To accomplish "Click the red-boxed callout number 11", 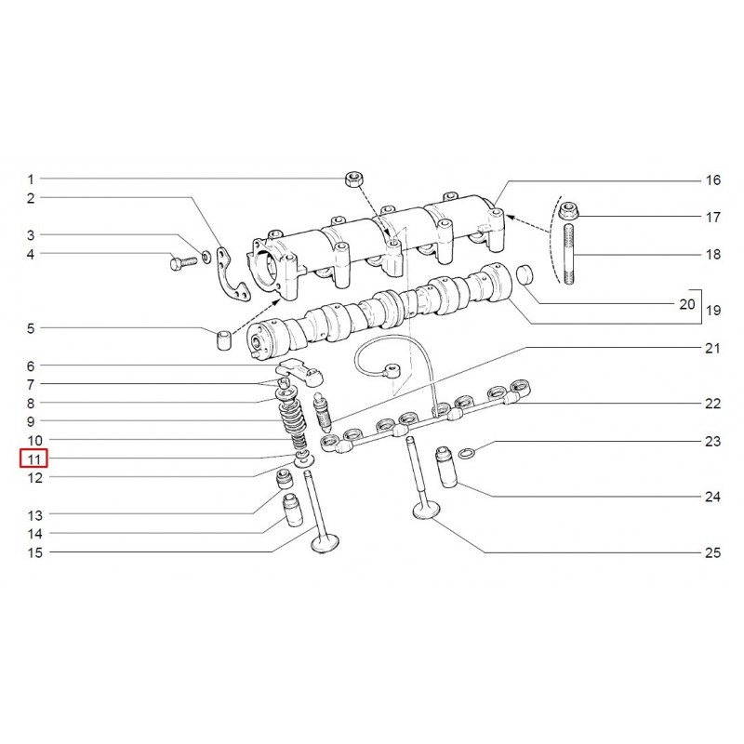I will tap(33, 458).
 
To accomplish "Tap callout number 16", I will tap(712, 179).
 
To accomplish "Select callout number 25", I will tap(712, 552).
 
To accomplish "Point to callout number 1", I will tap(30, 179).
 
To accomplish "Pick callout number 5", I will tap(30, 328).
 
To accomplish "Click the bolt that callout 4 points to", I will tap(179, 264).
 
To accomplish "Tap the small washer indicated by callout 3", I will tap(206, 256).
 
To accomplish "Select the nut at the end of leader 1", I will tap(353, 178).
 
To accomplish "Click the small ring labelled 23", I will tap(471, 453).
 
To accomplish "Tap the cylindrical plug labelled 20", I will tap(527, 276).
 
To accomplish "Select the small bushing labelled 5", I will tap(224, 339).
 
